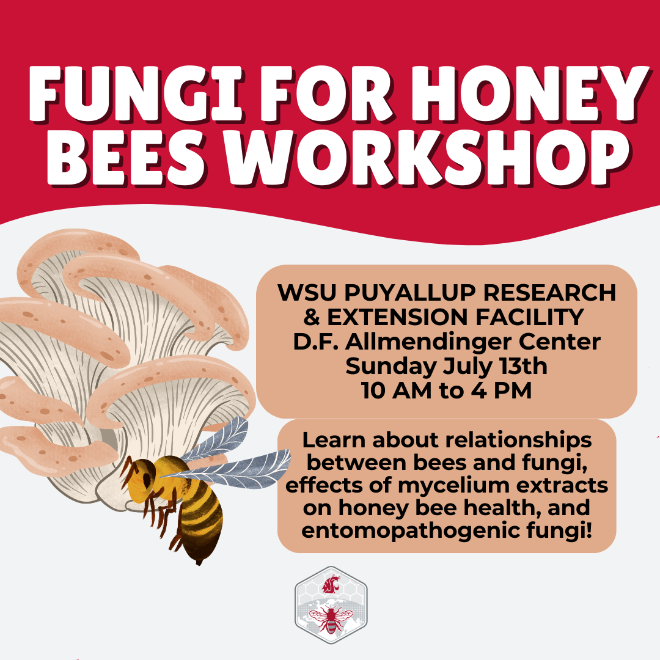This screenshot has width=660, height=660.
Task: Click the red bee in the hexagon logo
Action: coord(331,618)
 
